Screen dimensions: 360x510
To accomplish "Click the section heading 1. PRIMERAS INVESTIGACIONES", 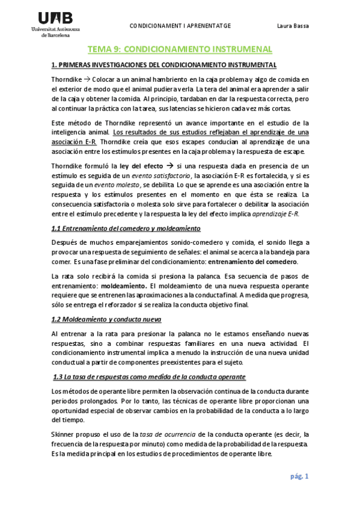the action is tap(164, 64).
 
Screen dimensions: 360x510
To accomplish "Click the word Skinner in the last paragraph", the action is tap(64, 434).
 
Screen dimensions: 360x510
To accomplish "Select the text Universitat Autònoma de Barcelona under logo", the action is tap(59, 32).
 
